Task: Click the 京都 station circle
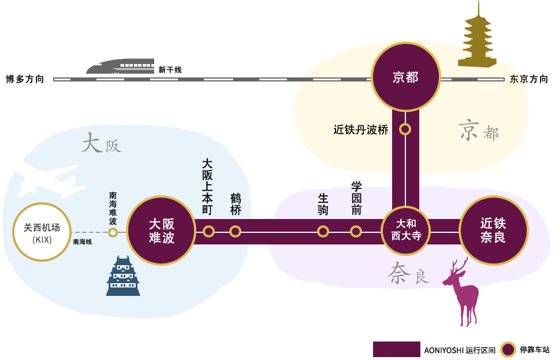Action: pyautogui.click(x=405, y=77)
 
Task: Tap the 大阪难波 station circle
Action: pyautogui.click(x=161, y=231)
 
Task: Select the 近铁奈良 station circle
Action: pyautogui.click(x=493, y=230)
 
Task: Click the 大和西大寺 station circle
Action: pyautogui.click(x=405, y=230)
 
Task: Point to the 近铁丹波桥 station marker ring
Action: pyautogui.click(x=405, y=129)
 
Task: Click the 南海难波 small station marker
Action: pyautogui.click(x=113, y=232)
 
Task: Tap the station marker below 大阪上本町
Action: pyautogui.click(x=208, y=231)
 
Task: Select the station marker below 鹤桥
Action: pyautogui.click(x=235, y=231)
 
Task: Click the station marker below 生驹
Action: pyautogui.click(x=323, y=231)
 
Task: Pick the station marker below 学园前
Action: pyautogui.click(x=356, y=231)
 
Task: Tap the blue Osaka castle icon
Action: pyautogui.click(x=123, y=277)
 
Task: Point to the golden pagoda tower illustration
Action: pyautogui.click(x=477, y=35)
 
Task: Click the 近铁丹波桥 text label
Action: pyautogui.click(x=361, y=130)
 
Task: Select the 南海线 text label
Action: pyautogui.click(x=83, y=242)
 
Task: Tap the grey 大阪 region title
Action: pyautogui.click(x=101, y=143)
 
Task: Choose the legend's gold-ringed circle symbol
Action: pyautogui.click(x=508, y=350)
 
